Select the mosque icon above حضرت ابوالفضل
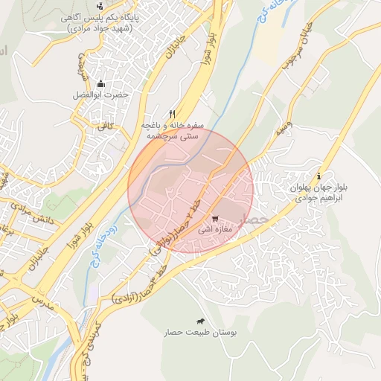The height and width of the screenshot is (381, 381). click(100, 83)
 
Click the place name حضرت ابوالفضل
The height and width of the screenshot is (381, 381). click(100, 95)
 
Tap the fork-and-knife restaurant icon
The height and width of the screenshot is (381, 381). click(173, 114)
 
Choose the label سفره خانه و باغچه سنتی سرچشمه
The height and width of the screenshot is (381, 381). click(170, 131)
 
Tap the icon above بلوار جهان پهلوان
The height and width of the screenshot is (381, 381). click(319, 176)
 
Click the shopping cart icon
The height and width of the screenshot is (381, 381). click(215, 219)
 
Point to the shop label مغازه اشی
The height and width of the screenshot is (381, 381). click(216, 231)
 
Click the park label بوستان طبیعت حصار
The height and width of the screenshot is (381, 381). click(199, 333)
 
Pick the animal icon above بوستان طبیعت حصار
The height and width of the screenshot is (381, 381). click(199, 320)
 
